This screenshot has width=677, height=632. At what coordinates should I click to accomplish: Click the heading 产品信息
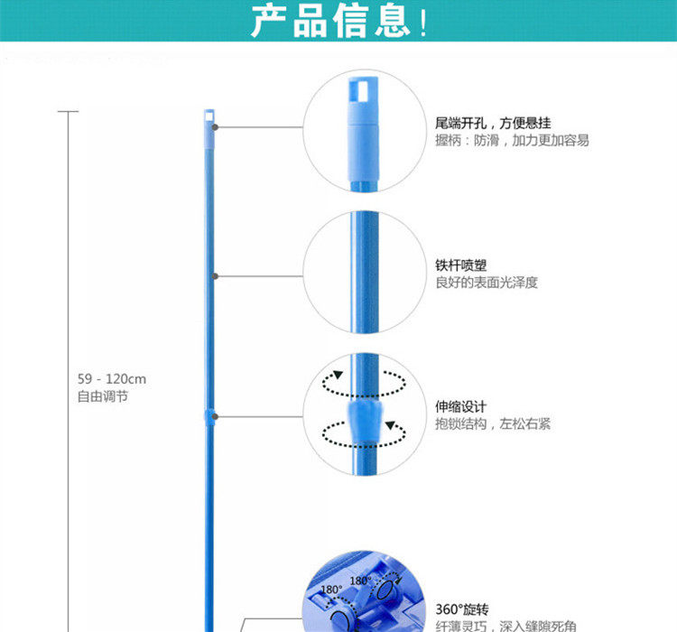tap(338, 22)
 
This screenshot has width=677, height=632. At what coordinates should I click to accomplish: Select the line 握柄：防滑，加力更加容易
tap(511, 141)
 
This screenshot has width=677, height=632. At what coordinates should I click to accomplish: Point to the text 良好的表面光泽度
tap(486, 283)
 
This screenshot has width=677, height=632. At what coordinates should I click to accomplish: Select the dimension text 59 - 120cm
tap(111, 380)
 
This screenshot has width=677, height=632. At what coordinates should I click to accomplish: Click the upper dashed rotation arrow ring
tap(364, 384)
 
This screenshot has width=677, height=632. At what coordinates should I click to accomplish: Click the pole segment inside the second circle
tap(365, 271)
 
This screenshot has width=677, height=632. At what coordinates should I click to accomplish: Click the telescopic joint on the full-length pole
tap(209, 416)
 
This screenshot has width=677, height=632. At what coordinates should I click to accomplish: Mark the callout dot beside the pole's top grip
tap(216, 127)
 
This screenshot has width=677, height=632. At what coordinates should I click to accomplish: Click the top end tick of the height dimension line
tap(68, 111)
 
